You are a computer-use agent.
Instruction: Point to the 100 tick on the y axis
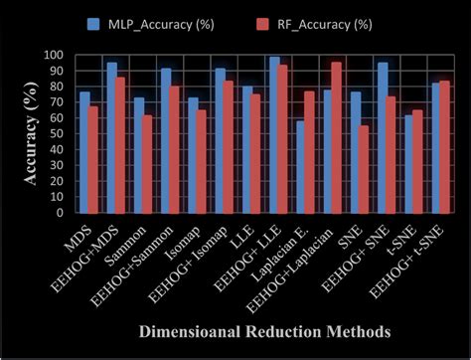pyautogui.click(x=56, y=56)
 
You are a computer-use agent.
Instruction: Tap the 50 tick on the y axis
pyautogui.click(x=59, y=134)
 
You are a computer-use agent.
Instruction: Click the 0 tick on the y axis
pyautogui.click(x=62, y=212)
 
